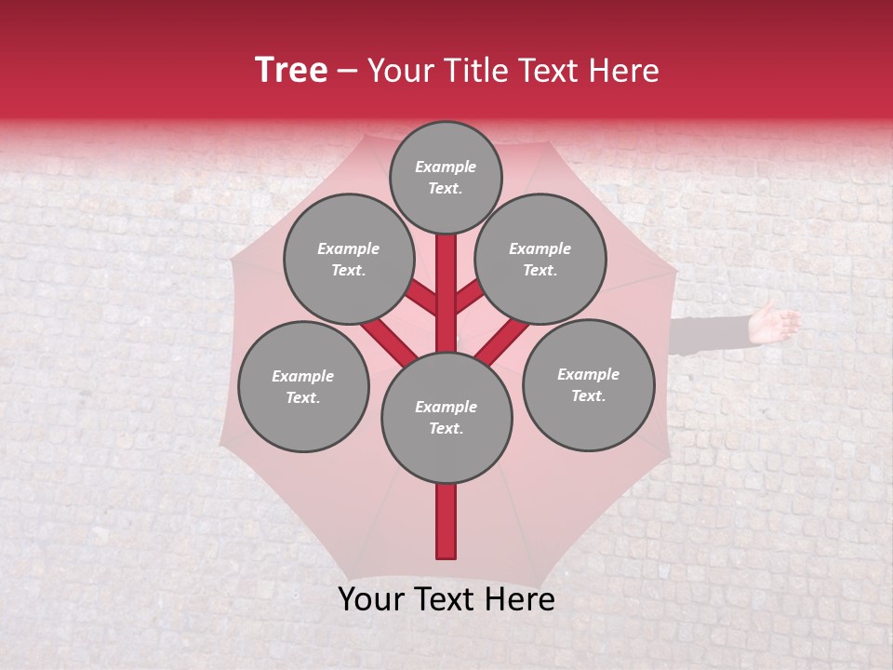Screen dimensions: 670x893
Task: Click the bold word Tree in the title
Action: tap(291, 71)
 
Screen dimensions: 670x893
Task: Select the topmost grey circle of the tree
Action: tap(446, 177)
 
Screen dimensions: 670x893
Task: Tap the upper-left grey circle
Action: tap(349, 259)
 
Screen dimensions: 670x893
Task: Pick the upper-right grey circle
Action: tap(540, 259)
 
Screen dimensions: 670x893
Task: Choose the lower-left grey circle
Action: tap(303, 386)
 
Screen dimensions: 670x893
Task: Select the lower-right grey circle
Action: tap(588, 384)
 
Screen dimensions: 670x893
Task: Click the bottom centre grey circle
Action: tap(446, 418)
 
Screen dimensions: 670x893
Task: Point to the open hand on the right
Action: tap(774, 323)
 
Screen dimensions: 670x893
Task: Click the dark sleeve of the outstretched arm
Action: tap(711, 333)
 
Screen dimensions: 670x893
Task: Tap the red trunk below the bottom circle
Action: tap(446, 520)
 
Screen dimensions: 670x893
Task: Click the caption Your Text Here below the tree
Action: tap(446, 599)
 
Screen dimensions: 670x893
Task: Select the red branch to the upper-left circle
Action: tap(421, 299)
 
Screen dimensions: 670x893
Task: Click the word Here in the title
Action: tap(623, 71)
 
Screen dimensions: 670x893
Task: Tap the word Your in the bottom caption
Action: tap(371, 599)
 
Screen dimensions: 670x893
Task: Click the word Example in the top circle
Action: tap(446, 167)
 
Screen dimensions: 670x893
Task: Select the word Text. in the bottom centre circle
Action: tap(446, 429)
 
